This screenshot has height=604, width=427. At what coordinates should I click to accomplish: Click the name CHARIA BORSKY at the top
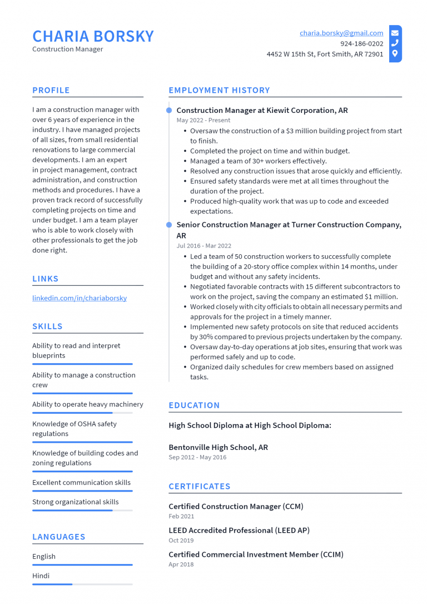[x=93, y=36]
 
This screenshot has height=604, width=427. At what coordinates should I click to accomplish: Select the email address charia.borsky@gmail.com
[x=341, y=33]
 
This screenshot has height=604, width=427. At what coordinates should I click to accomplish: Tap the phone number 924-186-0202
[x=361, y=44]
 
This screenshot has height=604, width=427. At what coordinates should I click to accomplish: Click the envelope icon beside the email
[x=395, y=33]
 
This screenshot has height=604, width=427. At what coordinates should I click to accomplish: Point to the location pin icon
[x=395, y=54]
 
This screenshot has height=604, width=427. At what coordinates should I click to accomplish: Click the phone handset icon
[x=395, y=43]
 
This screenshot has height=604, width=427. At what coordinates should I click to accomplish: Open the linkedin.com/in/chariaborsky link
[x=80, y=298]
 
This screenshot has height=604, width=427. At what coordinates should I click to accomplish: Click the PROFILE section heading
[x=51, y=90]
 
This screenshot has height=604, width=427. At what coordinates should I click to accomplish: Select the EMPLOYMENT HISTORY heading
[x=219, y=90]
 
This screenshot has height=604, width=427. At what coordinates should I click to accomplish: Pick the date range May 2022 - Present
[x=203, y=120]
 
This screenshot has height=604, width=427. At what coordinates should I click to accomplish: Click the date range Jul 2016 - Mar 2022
[x=203, y=246]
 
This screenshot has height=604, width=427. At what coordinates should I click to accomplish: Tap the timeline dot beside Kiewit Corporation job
[x=169, y=111]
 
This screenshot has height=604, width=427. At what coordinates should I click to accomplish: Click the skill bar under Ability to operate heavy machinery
[x=82, y=413]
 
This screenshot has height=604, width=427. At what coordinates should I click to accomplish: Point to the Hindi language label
[x=41, y=576]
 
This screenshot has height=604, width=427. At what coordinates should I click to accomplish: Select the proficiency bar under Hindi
[x=82, y=584]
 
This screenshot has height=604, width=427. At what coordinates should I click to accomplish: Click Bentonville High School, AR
[x=218, y=447]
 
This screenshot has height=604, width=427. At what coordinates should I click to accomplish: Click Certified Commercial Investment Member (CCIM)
[x=256, y=555]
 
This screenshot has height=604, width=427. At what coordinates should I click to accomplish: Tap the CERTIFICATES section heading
[x=199, y=486]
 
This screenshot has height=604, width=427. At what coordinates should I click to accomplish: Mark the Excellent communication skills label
[x=81, y=482]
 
